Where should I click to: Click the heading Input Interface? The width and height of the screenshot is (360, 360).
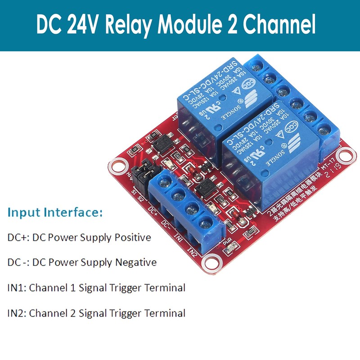coord(55,212)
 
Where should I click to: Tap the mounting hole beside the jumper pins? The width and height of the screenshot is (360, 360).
coord(117,165)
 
